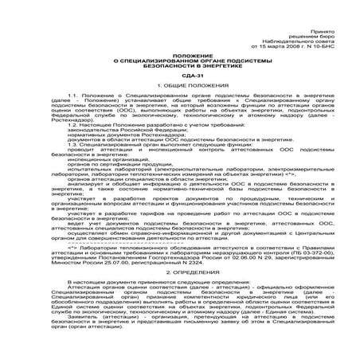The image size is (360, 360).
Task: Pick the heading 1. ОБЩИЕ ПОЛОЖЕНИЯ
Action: [x=179, y=84]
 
